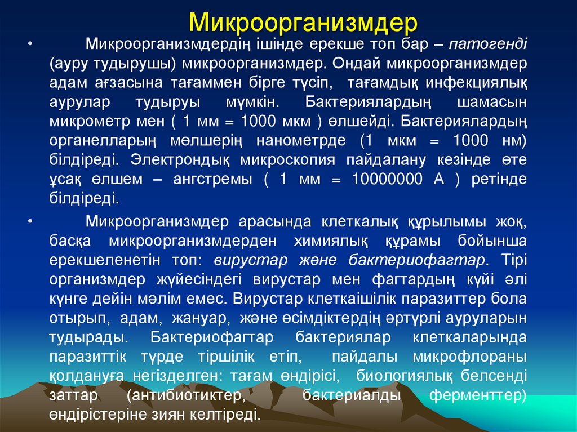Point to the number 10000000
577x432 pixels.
[387, 179]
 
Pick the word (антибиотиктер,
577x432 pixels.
[187, 395]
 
